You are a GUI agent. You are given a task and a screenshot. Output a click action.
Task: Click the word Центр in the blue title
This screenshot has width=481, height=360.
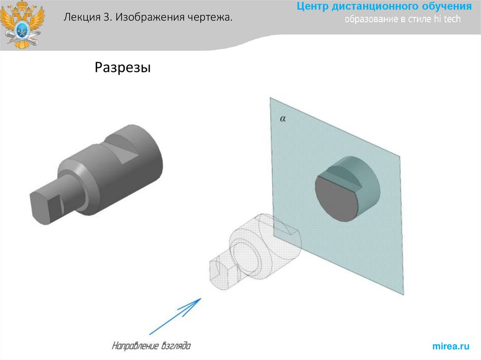[313, 7]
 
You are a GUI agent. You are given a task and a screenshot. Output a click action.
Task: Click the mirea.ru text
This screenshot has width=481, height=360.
[450, 346]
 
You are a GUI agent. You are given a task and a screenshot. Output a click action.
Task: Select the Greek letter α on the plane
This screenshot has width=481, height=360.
[283, 119]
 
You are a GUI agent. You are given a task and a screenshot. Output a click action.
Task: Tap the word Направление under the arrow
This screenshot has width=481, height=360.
[133, 347]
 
